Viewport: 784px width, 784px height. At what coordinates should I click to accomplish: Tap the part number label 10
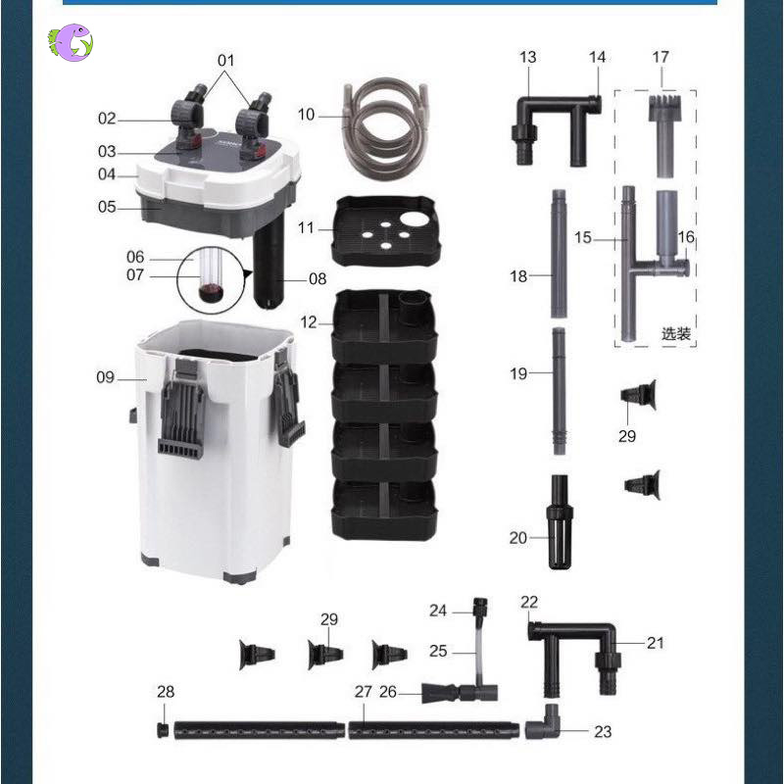[x=306, y=115]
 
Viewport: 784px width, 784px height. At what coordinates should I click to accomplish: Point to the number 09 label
[x=105, y=377]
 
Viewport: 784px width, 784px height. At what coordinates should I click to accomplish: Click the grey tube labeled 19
[x=558, y=390]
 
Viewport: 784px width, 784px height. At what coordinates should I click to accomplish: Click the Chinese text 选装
[x=675, y=333]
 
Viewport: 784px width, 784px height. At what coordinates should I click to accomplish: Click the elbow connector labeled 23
[x=547, y=725]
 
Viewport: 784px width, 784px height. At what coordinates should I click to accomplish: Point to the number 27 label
[x=364, y=692]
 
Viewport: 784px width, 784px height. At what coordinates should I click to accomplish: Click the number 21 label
[x=655, y=643]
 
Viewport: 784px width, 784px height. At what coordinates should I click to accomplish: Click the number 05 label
[x=106, y=208]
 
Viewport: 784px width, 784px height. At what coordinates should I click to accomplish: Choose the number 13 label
[x=528, y=58]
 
